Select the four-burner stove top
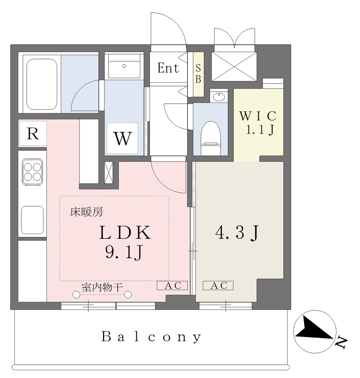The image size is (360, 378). coord(32,172)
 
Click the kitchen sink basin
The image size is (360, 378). coord(32,220)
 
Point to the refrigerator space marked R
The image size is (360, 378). coord(32,134)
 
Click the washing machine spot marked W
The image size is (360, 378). coord(123,138)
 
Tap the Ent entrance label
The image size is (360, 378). coord(168,68)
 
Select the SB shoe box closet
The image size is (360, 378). coord(198,74)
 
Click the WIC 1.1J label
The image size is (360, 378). coord(258,123)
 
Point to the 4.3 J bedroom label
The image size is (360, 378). coord(237,233)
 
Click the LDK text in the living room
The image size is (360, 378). coord(125,233)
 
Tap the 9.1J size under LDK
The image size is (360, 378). coord(124,252)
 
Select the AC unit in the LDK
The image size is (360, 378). coord(172,285)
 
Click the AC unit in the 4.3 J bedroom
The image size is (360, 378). coord(218,285)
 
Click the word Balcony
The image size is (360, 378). coord(151,337)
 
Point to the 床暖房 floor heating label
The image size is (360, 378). coord(86,212)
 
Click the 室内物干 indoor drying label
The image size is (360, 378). coord(102,287)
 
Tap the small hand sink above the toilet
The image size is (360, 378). coord(219,96)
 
